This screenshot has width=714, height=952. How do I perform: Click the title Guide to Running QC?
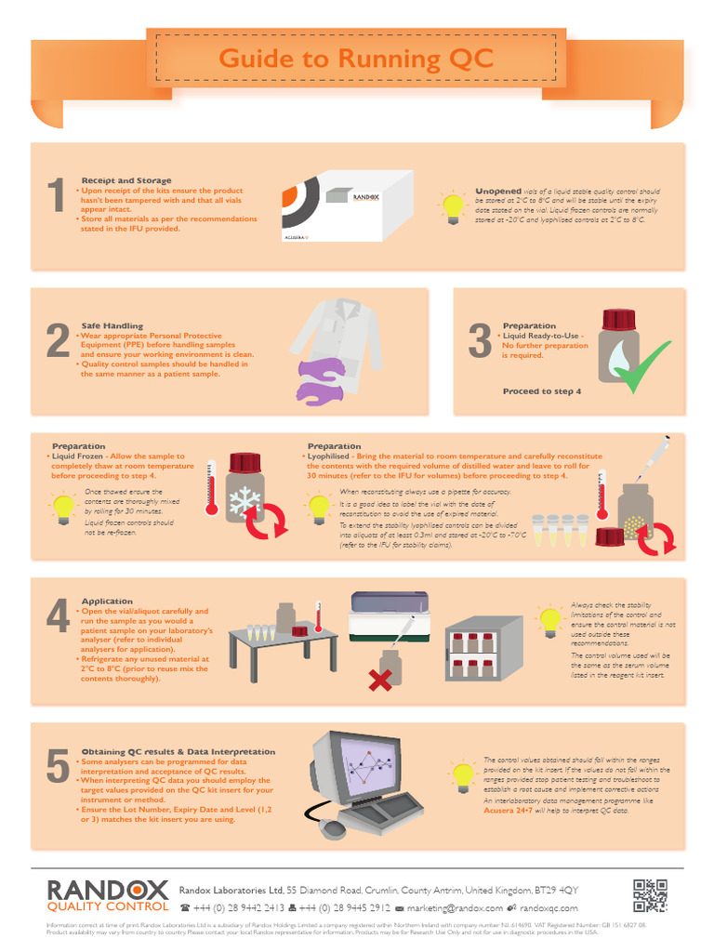(356, 59)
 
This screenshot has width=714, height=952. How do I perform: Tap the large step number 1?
(56, 201)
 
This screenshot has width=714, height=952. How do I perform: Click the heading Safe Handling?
(112, 325)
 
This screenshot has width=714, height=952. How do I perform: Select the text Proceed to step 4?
(542, 391)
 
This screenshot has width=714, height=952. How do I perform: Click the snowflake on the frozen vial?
(245, 503)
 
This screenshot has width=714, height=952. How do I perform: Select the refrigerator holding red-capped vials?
(484, 651)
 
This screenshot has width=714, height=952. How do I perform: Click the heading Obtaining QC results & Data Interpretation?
(178, 751)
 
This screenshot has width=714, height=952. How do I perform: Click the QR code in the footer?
(650, 894)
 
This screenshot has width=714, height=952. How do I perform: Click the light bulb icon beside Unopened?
(453, 206)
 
